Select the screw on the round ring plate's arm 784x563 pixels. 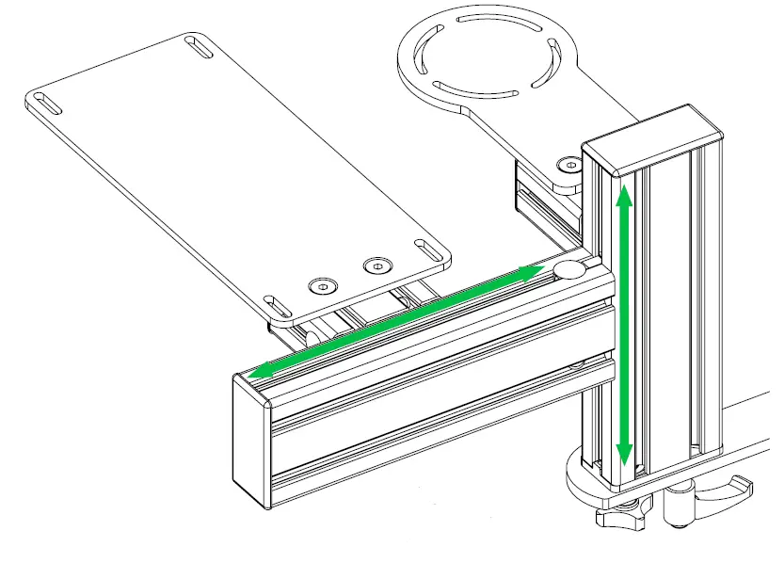(568, 165)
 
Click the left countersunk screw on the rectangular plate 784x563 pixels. (323, 285)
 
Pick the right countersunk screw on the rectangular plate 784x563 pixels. (376, 265)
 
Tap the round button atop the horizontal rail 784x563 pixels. (570, 271)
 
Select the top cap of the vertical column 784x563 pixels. (653, 140)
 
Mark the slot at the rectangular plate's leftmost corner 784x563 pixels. (46, 103)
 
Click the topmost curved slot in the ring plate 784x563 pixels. (483, 16)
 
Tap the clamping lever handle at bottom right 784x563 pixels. (725, 491)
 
